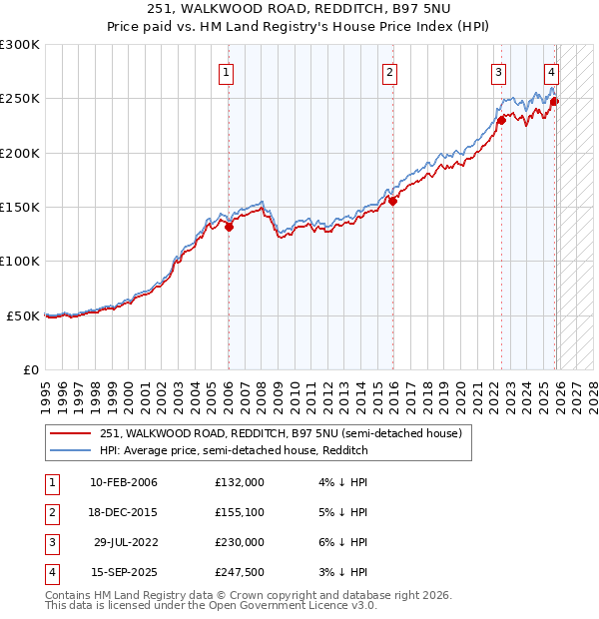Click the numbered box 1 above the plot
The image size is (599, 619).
click(228, 72)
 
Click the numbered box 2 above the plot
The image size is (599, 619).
click(389, 72)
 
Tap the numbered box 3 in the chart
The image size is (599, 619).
click(498, 72)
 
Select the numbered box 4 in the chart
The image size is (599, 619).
click(551, 72)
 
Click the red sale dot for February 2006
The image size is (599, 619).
click(229, 227)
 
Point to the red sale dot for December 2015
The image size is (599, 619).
click(392, 201)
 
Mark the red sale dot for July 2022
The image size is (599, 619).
click(501, 120)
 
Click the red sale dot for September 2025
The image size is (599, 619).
click(555, 101)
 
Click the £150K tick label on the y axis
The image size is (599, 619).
click(20, 207)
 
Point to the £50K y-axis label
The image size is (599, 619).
click(23, 315)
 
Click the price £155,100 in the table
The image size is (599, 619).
click(240, 512)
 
